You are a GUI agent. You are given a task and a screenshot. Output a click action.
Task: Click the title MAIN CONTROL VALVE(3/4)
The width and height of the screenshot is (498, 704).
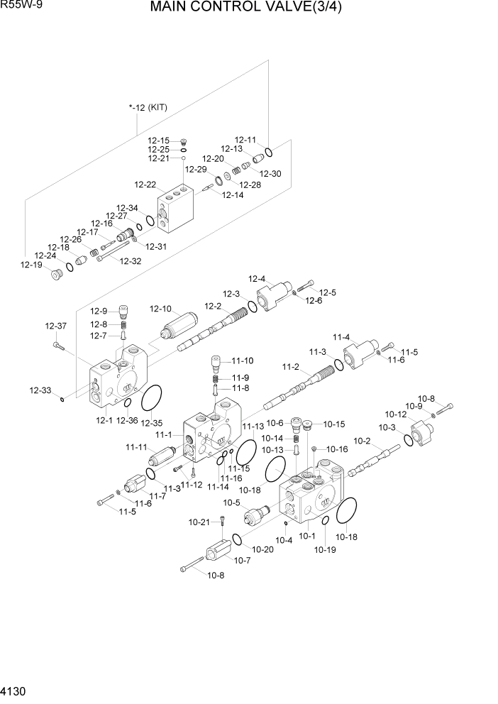pos(251,10)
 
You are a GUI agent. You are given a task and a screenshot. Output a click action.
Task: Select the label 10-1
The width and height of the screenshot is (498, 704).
pos(306,537)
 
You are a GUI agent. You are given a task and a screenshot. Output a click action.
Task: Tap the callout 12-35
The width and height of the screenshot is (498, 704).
pos(151,424)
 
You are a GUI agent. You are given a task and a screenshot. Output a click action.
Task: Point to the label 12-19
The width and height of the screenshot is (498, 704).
pos(31,265)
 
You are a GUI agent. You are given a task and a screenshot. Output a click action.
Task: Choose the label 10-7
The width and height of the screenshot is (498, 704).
pos(242,561)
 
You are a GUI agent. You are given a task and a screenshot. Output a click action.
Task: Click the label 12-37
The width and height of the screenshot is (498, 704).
pos(55,326)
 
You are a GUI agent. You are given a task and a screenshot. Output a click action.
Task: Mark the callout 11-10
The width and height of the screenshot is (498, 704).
pos(242,361)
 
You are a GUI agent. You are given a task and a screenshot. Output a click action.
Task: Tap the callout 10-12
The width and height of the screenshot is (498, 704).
pos(395,414)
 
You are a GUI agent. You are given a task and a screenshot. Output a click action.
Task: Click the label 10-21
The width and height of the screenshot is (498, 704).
pos(199,522)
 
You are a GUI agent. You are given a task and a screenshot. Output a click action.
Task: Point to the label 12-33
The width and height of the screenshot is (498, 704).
pos(40,390)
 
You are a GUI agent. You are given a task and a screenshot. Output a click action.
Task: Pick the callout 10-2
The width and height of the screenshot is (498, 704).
pos(362,441)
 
